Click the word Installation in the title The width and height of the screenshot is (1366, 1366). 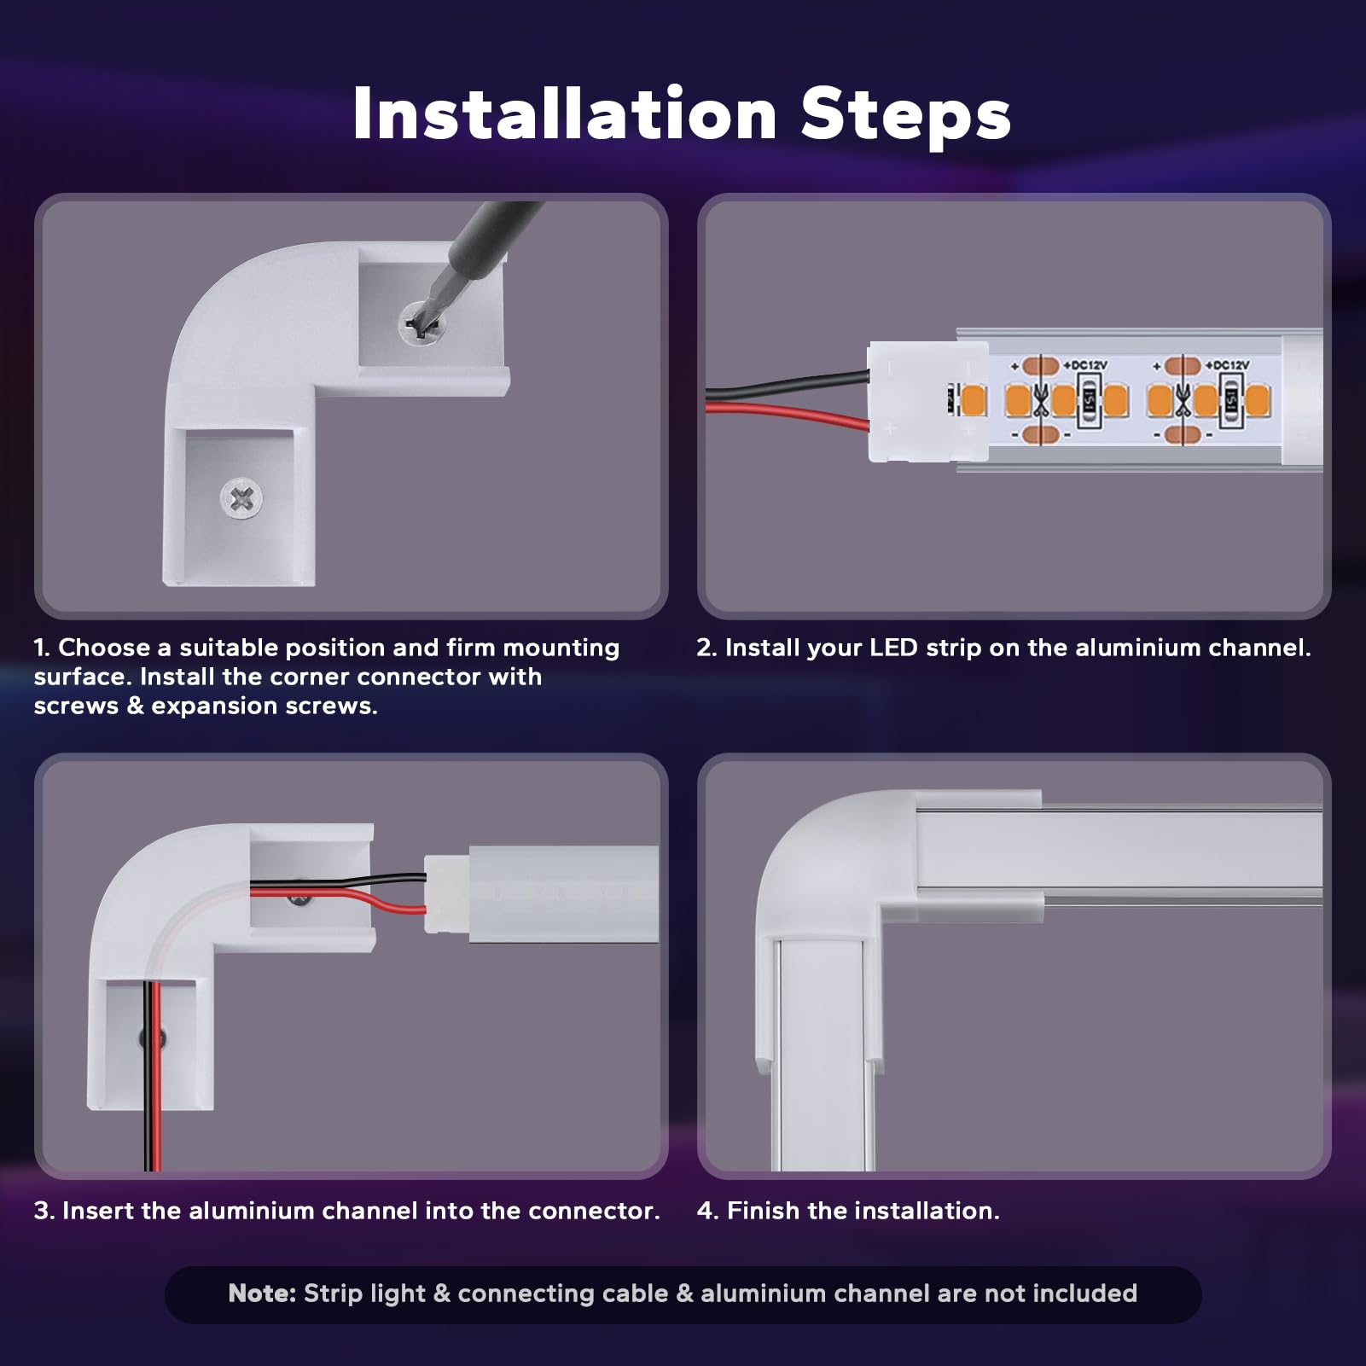tap(565, 114)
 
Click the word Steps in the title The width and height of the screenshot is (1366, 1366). tap(906, 114)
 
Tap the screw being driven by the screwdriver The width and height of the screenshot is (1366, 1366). tap(421, 323)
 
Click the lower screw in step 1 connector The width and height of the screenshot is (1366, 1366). tap(241, 498)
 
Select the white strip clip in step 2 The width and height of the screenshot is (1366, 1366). tap(928, 402)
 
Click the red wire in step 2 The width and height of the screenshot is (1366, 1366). tap(788, 415)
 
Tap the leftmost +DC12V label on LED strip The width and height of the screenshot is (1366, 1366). tap(1084, 365)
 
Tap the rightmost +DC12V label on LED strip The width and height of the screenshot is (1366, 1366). tap(1227, 365)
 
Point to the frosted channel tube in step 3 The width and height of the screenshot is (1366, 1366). tap(564, 894)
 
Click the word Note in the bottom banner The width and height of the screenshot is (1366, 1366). tap(262, 1293)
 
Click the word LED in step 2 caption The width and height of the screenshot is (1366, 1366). tap(893, 648)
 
